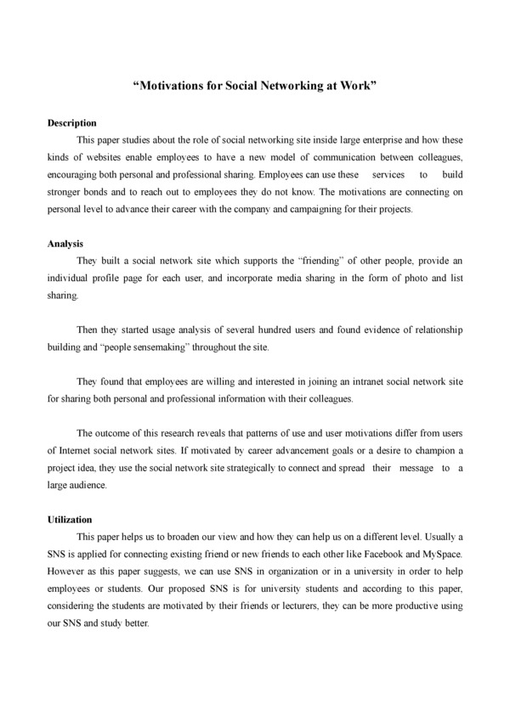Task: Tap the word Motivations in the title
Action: pyautogui.click(x=169, y=87)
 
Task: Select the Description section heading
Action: pyautogui.click(x=72, y=123)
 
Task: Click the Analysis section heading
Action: pyautogui.click(x=65, y=244)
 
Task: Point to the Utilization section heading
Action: pyautogui.click(x=71, y=519)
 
